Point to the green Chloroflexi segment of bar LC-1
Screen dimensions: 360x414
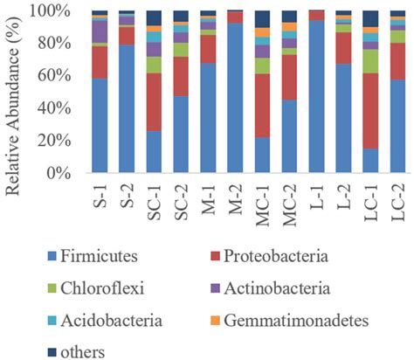370,61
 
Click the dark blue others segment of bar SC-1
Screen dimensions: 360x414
154,18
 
